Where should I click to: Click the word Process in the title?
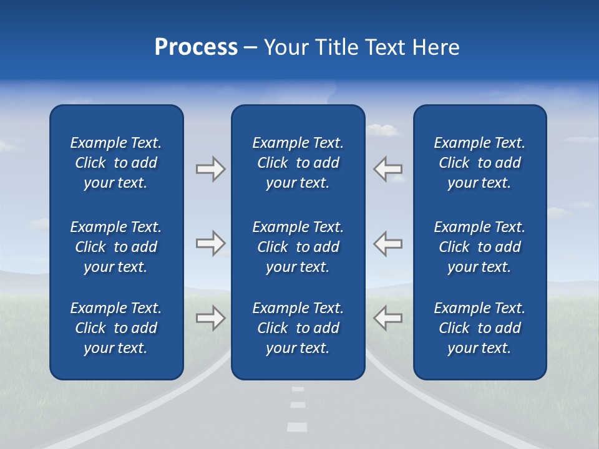point(196,47)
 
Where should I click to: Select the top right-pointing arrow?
point(210,169)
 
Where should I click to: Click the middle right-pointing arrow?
point(210,243)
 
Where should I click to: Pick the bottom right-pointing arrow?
point(210,318)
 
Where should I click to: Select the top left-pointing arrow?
point(387,169)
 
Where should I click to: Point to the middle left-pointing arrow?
point(387,243)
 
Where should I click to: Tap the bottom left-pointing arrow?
point(387,318)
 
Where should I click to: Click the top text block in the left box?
point(116,163)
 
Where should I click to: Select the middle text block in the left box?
point(116,247)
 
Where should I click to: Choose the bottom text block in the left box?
point(116,328)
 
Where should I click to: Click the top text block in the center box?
point(298,163)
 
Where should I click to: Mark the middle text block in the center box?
point(298,247)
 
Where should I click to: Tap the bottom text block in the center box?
point(298,328)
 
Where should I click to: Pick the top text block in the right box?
point(479,163)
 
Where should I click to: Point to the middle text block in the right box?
point(479,247)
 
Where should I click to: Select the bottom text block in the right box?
point(479,328)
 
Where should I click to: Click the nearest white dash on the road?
point(297,427)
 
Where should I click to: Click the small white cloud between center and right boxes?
point(382,130)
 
